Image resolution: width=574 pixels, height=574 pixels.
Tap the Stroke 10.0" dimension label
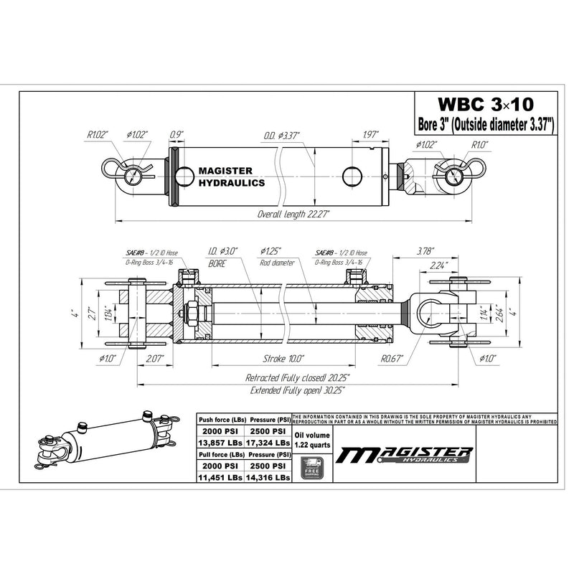(x=285, y=357)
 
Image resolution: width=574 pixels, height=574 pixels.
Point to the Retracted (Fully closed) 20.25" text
(x=298, y=377)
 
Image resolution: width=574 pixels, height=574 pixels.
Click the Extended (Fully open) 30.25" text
(x=296, y=390)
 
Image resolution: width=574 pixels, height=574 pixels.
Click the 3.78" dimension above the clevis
(x=425, y=252)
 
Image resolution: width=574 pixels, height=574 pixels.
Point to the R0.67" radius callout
(x=391, y=357)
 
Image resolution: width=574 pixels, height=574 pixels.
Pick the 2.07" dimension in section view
(x=154, y=357)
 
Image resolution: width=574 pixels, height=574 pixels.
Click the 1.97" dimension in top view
(x=371, y=134)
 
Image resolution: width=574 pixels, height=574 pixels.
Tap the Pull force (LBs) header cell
(x=220, y=456)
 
